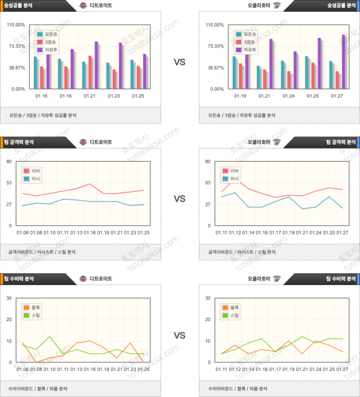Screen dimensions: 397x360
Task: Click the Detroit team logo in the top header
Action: [x=83, y=6]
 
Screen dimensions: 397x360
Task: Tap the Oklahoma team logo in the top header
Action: [x=277, y=6]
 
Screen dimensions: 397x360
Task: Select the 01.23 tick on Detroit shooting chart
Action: [x=114, y=96]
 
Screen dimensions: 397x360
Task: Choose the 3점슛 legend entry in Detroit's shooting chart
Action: [x=51, y=42]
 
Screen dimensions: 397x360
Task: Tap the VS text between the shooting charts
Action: [x=179, y=62]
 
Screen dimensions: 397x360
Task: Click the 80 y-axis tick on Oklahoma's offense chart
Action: [x=208, y=161]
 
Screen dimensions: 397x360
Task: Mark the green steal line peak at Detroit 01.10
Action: [x=50, y=337]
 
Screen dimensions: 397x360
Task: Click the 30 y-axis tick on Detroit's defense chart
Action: [x=9, y=298]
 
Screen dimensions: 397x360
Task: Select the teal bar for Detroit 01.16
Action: [x=35, y=72]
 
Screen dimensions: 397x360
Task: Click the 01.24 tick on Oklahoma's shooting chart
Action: [x=289, y=96]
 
